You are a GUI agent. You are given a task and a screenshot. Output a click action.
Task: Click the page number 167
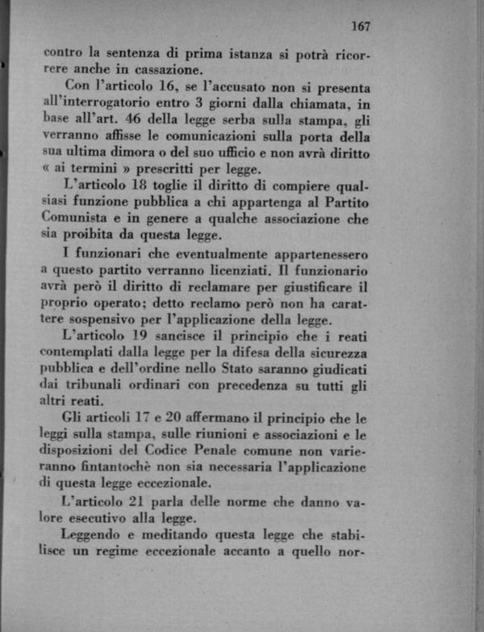click(361, 27)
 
